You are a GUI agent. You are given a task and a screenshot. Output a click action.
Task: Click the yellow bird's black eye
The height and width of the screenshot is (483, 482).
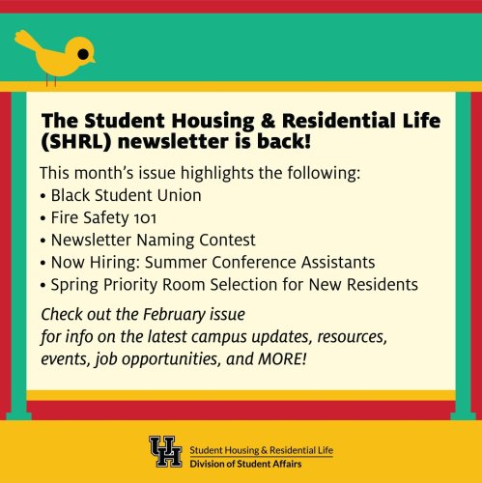(83, 52)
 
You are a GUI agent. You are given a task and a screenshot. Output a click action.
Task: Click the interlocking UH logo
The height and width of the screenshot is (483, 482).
(165, 451)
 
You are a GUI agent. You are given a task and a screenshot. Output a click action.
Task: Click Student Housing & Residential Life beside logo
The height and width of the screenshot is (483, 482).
(261, 447)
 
